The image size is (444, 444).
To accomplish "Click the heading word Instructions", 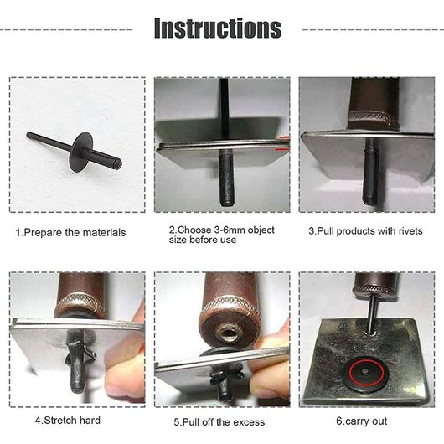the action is tap(218, 28).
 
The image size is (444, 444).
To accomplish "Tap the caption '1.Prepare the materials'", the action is tap(70, 233).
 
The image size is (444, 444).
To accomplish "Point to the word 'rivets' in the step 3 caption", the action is tap(410, 231).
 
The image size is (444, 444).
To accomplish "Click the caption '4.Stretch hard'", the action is tap(68, 421).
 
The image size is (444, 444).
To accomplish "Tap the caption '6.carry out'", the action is tap(362, 421).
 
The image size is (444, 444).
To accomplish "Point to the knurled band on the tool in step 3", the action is tap(373, 119).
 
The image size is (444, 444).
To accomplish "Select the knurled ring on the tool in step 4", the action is tap(80, 303).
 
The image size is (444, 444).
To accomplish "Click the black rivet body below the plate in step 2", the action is tap(226, 178).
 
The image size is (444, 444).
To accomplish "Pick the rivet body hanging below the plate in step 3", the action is tap(370, 172).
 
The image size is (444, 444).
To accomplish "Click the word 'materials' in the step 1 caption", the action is tap(106, 233).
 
